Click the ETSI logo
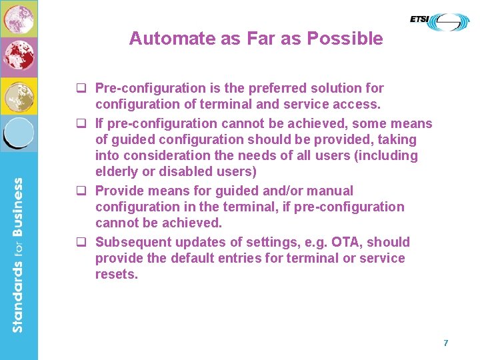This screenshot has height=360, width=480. click(439, 21)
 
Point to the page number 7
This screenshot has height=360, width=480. click(446, 343)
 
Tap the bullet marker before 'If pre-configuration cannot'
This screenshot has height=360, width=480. click(85, 124)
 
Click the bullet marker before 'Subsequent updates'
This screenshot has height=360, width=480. click(85, 243)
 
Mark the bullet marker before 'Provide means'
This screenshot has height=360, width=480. click(85, 191)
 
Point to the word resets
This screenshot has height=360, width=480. click(116, 274)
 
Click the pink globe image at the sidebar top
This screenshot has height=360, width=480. click(18, 19)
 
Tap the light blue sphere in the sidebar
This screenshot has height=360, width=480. click(18, 132)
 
